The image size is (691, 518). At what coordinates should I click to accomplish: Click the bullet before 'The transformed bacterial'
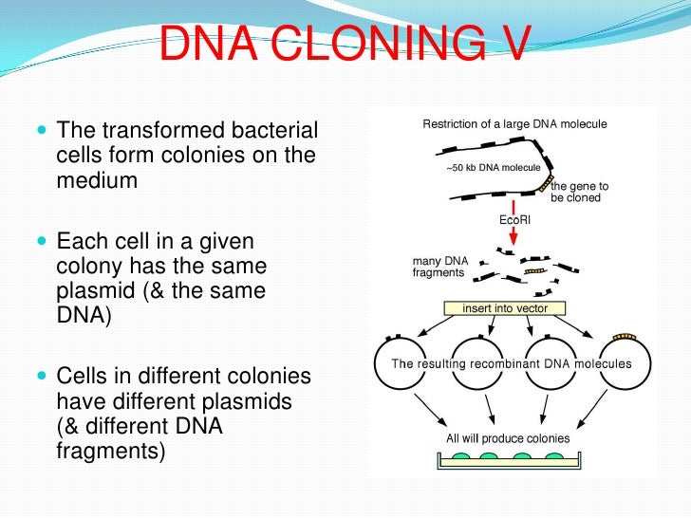coord(39,131)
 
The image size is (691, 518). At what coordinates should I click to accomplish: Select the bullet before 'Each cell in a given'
coord(39,242)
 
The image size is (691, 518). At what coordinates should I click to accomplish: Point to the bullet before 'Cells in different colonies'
coord(39,377)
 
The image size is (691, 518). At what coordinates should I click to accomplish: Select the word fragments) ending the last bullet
coord(111,452)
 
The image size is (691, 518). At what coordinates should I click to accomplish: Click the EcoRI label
coord(514,219)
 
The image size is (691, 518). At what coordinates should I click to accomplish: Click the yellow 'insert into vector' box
coord(504,308)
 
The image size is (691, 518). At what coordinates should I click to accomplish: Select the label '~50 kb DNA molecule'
coord(493,168)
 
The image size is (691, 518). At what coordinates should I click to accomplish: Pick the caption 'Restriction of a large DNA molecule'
coord(514,124)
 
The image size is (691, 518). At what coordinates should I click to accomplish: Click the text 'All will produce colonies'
coord(508,438)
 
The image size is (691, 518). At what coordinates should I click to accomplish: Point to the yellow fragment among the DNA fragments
coord(536,270)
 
